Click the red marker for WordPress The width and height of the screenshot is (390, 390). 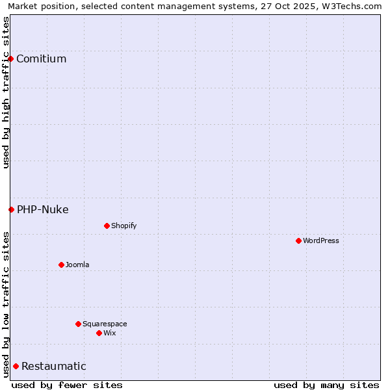(298, 240)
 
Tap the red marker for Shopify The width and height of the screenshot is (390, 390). (107, 226)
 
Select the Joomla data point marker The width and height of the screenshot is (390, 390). (61, 265)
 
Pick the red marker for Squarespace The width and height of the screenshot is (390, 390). (78, 324)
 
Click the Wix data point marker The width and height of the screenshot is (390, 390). (99, 333)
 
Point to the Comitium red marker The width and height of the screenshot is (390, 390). (10, 58)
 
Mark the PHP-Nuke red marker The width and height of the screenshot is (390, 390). (11, 209)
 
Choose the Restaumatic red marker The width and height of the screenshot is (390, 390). (16, 366)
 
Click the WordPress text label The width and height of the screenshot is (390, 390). (321, 240)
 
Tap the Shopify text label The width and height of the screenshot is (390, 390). (123, 226)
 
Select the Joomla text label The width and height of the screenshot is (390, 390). (77, 265)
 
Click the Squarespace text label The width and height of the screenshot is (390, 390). (105, 324)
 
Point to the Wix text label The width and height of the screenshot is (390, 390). (109, 333)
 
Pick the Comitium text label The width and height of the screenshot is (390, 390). (41, 58)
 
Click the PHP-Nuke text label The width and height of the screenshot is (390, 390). (42, 209)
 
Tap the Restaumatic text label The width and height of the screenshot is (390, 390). (53, 366)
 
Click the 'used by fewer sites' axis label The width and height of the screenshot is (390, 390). (67, 385)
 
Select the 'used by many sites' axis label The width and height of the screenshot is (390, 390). (326, 385)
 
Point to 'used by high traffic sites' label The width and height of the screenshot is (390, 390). (6, 92)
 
